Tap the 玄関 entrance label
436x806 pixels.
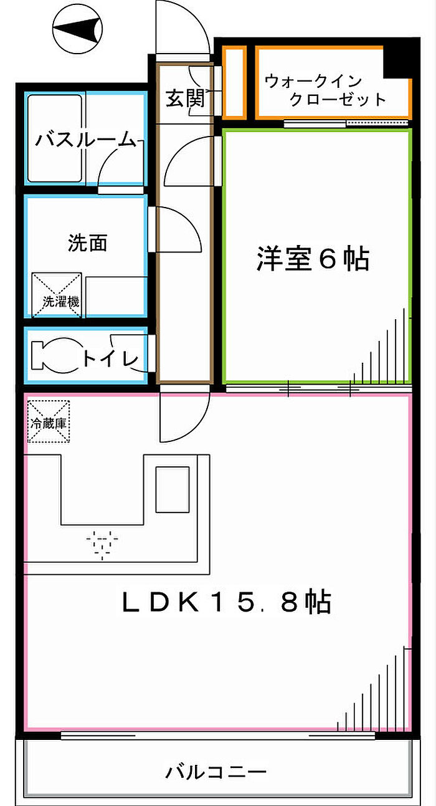(185, 98)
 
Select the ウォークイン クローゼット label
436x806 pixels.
(324, 90)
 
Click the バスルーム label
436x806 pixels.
(85, 140)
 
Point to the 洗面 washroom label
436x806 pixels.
(87, 243)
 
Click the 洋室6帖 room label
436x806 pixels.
(313, 259)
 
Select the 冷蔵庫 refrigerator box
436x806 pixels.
(47, 421)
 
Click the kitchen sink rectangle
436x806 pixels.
(171, 489)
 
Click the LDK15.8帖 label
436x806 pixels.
(225, 602)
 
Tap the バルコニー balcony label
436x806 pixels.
(216, 773)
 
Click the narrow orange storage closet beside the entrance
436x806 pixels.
(234, 82)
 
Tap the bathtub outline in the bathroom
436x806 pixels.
(55, 138)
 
